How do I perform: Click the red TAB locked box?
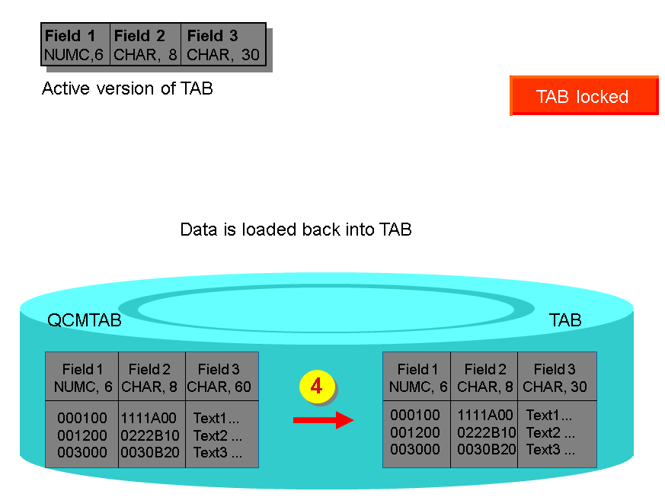(x=583, y=96)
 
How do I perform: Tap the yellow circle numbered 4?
(x=317, y=387)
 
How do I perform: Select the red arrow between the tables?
(x=323, y=419)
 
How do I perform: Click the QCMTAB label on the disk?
(x=85, y=320)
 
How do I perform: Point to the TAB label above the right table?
(x=565, y=320)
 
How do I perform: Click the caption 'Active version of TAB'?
(x=127, y=88)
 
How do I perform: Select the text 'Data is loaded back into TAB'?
(x=296, y=230)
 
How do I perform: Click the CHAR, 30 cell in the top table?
(x=223, y=54)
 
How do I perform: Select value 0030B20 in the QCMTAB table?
(x=149, y=453)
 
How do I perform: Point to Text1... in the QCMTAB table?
(x=217, y=418)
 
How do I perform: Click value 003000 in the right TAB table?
(x=415, y=449)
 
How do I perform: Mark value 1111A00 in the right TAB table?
(x=485, y=416)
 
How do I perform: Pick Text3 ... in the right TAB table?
(x=549, y=449)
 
